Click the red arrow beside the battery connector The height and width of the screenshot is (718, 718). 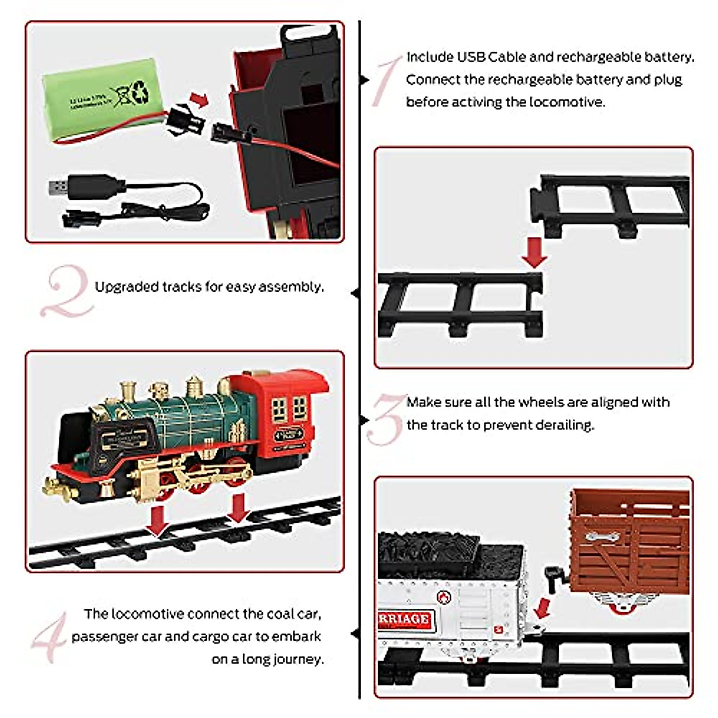pos(199,99)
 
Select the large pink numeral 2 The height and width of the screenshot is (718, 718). pos(66,292)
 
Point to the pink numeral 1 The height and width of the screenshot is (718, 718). pos(385,81)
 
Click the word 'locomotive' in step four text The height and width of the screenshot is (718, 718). pos(147,614)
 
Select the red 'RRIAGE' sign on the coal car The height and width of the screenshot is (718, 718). pos(404,619)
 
